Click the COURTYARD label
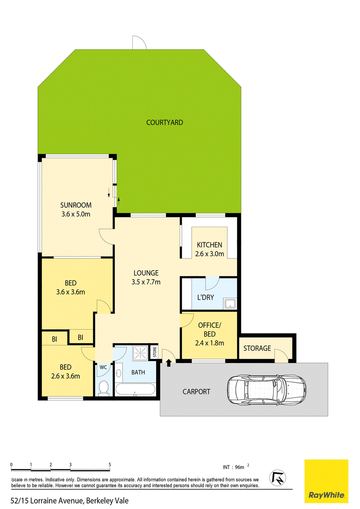(x=164, y=122)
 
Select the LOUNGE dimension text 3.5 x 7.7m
(x=146, y=282)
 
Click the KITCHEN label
(x=210, y=245)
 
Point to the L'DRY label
(x=206, y=297)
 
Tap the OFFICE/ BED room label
(x=210, y=330)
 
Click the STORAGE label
(x=257, y=348)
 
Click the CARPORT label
(x=196, y=392)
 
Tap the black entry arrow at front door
(x=169, y=363)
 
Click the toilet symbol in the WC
(x=103, y=388)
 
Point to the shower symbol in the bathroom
(x=140, y=353)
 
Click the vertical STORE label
(x=155, y=352)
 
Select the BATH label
(x=138, y=372)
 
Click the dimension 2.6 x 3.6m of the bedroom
(x=66, y=376)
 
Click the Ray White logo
(x=326, y=482)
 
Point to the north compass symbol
(x=278, y=478)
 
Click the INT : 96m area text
(x=236, y=467)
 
